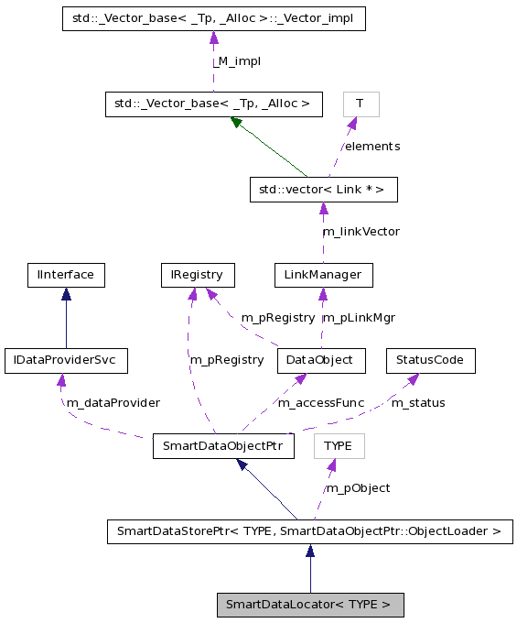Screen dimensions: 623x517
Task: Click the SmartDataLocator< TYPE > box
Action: (309, 605)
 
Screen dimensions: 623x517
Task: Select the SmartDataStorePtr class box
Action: (309, 530)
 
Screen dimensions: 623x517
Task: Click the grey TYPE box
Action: (339, 447)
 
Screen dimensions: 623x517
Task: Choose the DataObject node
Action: (321, 360)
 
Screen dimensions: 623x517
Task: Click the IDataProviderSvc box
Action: (66, 360)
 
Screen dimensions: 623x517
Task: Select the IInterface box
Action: (66, 274)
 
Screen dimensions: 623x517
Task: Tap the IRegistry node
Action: (197, 274)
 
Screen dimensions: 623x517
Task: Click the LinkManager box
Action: (323, 274)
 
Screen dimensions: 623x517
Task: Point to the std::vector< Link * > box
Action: (323, 190)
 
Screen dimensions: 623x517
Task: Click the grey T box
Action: (361, 104)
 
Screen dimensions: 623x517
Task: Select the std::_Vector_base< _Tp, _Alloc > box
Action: (213, 104)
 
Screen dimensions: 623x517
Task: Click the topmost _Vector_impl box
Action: (213, 18)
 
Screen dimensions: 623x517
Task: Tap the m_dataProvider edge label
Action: (113, 402)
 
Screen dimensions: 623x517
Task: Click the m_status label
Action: (418, 402)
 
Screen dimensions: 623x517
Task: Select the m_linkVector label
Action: (361, 231)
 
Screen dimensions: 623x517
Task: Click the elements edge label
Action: (372, 146)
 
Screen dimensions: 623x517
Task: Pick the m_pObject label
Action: (359, 487)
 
